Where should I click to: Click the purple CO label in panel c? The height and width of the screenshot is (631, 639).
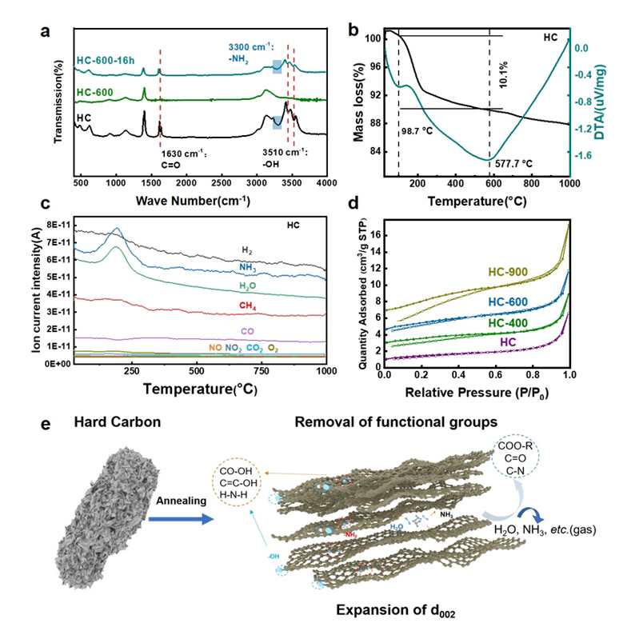[x=246, y=330]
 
